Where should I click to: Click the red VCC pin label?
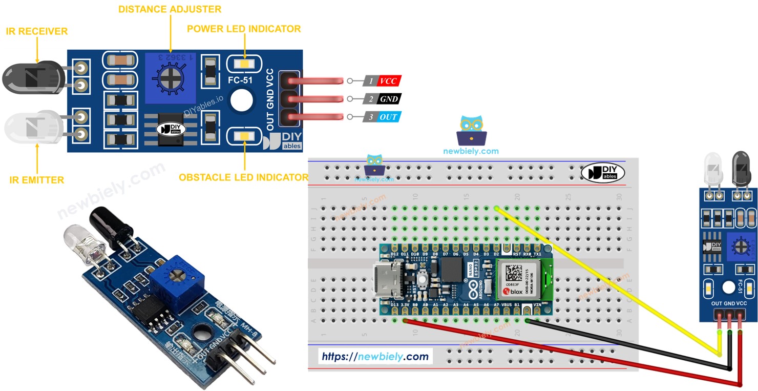(x=388, y=81)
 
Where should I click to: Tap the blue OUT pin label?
(x=388, y=117)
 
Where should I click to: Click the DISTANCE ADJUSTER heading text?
(x=170, y=9)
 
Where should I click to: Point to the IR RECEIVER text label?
(x=36, y=31)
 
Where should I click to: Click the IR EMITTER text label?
(x=36, y=180)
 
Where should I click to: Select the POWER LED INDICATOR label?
(x=244, y=29)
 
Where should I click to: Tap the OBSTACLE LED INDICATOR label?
(x=243, y=177)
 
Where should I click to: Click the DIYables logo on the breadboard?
(x=602, y=173)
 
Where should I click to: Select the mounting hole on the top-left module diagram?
(x=242, y=100)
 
